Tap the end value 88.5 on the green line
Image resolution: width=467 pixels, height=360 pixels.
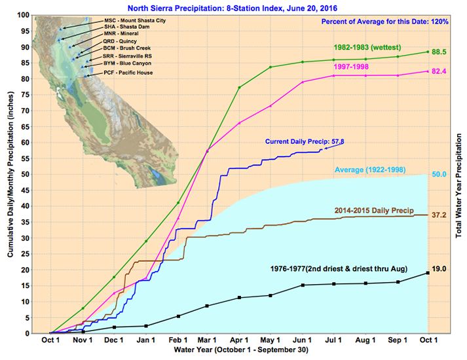point(439,52)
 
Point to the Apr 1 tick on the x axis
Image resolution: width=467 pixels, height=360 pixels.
point(239,342)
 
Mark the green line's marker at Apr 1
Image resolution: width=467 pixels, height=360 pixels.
point(239,88)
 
